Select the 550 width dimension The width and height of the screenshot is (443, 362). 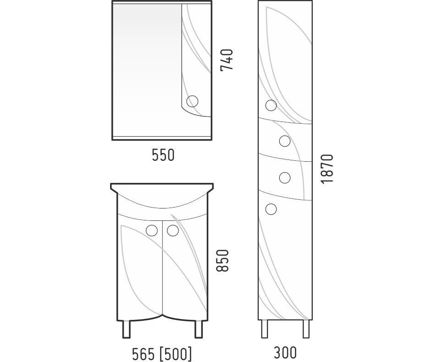click(163, 155)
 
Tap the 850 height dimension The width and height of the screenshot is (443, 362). click(222, 261)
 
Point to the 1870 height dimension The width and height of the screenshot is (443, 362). click(327, 169)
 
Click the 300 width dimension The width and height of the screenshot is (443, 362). click(285, 352)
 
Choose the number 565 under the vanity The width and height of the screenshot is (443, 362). click(144, 354)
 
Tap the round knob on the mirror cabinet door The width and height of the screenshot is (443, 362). click(193, 101)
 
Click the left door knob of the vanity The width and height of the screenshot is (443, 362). click(152, 230)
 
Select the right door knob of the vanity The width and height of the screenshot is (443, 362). click(173, 230)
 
